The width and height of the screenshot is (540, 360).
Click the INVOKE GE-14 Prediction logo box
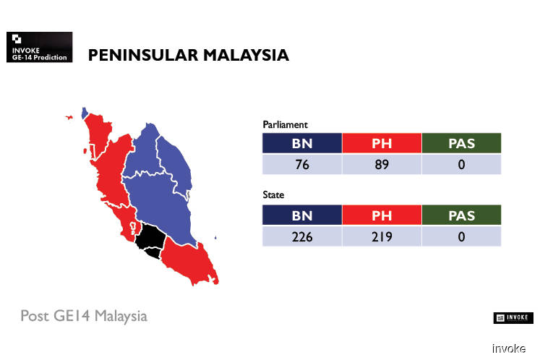pos(39,47)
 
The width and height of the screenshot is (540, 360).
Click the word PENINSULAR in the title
pos(143,55)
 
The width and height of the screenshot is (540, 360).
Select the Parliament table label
pos(285,125)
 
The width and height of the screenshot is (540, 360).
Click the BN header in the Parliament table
pos(302,143)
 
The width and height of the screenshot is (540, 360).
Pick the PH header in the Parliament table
pos(382,143)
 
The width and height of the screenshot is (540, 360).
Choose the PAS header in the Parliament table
pos(461,143)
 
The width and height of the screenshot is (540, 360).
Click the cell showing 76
pos(302,164)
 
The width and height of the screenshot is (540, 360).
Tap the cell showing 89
pos(382,164)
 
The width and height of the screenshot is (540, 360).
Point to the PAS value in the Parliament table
pos(461,164)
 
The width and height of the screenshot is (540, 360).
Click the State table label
pos(273,195)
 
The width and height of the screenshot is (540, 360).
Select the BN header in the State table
pos(302,215)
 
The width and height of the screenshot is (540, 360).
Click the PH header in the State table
pos(382,215)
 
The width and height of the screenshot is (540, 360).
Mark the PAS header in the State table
pos(461,215)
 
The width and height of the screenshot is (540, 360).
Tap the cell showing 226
pos(302,236)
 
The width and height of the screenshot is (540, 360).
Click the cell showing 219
pos(382,236)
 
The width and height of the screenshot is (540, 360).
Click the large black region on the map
pos(150,236)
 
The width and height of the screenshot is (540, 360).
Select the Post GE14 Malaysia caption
pos(84,316)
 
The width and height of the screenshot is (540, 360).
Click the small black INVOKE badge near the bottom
pos(513,317)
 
